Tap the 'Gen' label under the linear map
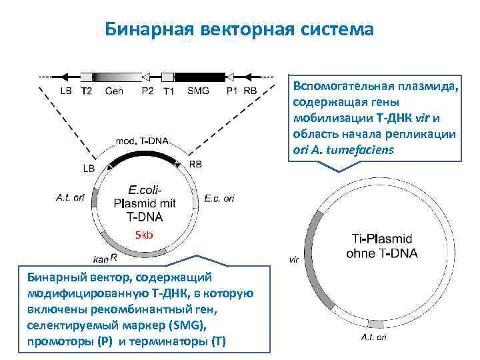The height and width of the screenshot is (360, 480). (114, 91)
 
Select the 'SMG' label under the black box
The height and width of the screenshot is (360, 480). (199, 91)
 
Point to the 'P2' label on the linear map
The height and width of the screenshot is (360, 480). (147, 91)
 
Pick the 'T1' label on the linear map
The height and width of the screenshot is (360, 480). (169, 91)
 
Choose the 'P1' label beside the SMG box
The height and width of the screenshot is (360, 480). (231, 91)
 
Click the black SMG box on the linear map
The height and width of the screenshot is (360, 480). (199, 76)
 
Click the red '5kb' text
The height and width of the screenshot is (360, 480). (144, 235)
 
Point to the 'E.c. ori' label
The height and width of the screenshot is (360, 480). (219, 198)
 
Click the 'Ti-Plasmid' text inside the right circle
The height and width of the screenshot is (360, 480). (381, 238)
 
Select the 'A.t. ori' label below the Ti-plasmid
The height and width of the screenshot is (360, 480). (373, 337)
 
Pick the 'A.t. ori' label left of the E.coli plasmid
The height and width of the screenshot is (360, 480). (70, 197)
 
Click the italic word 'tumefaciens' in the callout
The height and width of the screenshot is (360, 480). (365, 149)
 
